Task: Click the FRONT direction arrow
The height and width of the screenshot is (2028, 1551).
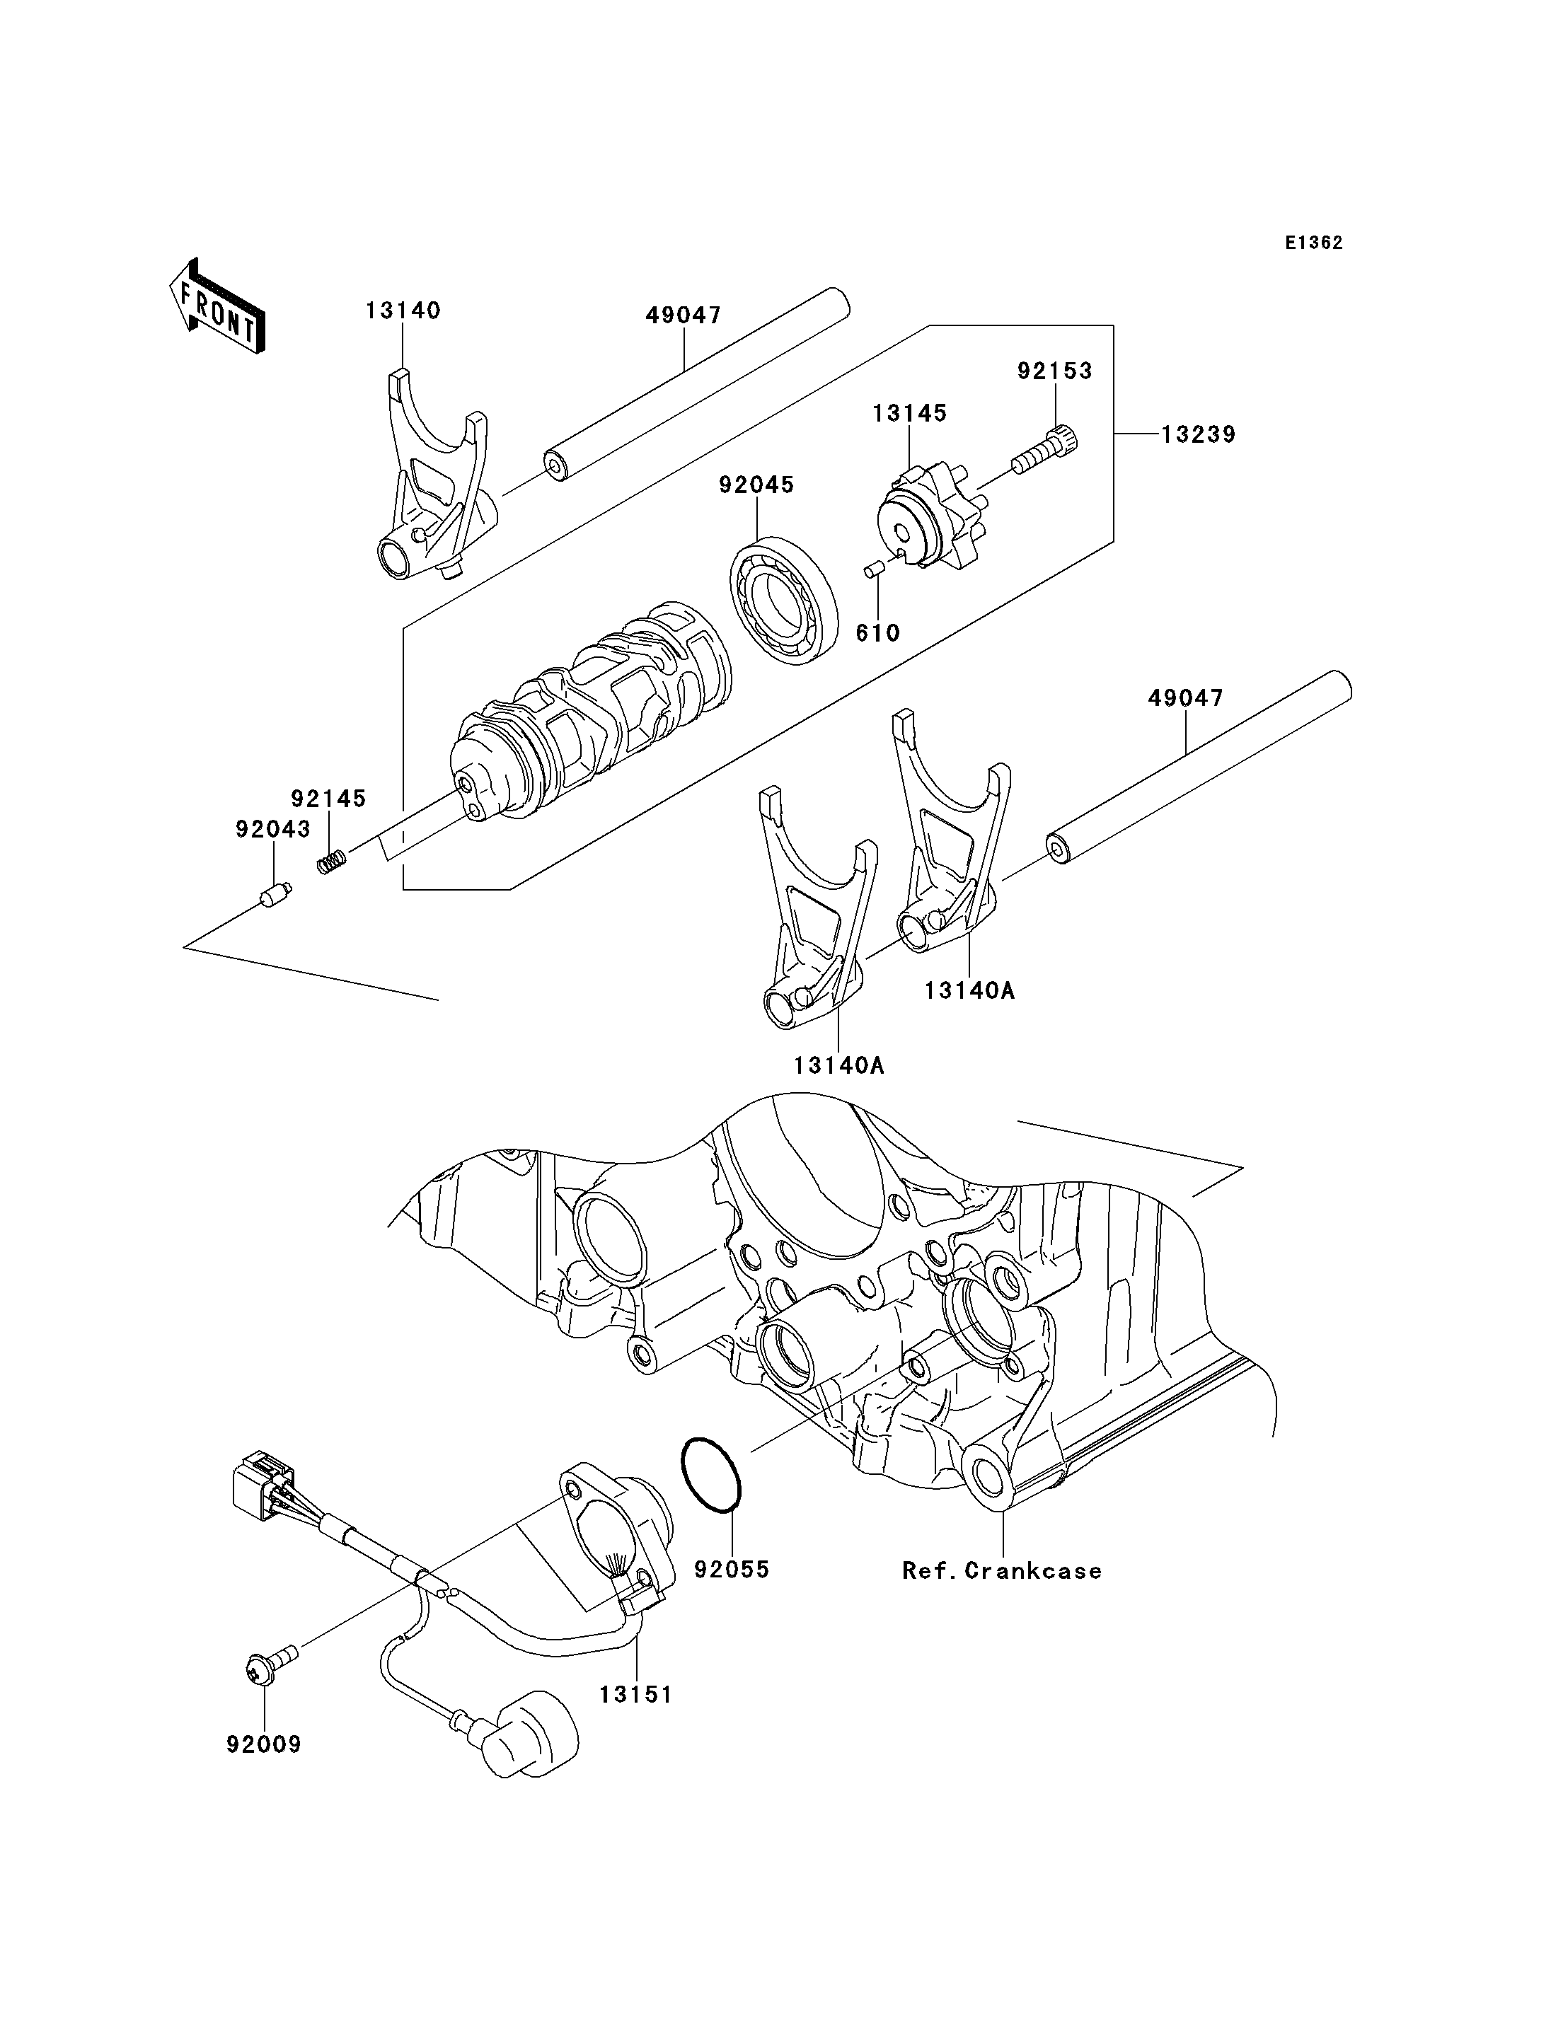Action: (x=218, y=306)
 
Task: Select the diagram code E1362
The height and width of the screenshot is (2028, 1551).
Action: (x=1314, y=243)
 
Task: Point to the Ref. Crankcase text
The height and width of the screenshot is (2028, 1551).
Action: (x=1002, y=1570)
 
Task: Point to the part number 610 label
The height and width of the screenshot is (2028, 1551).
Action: (x=877, y=632)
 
